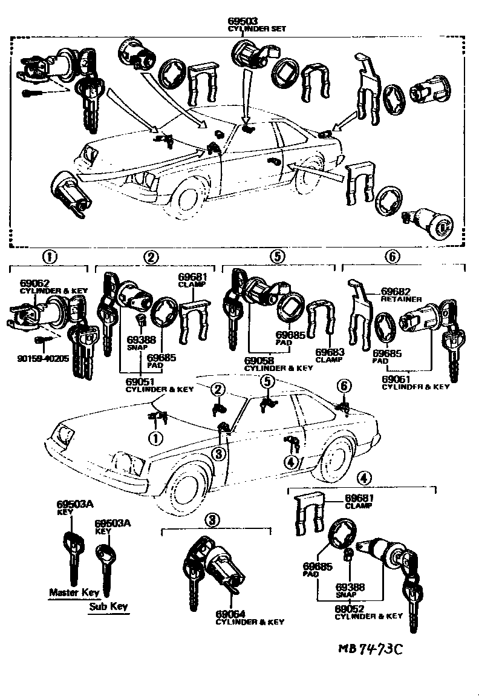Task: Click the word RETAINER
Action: (x=397, y=298)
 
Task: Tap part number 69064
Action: (x=229, y=615)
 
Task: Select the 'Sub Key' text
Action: (x=109, y=606)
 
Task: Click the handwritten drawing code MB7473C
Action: (x=370, y=649)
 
